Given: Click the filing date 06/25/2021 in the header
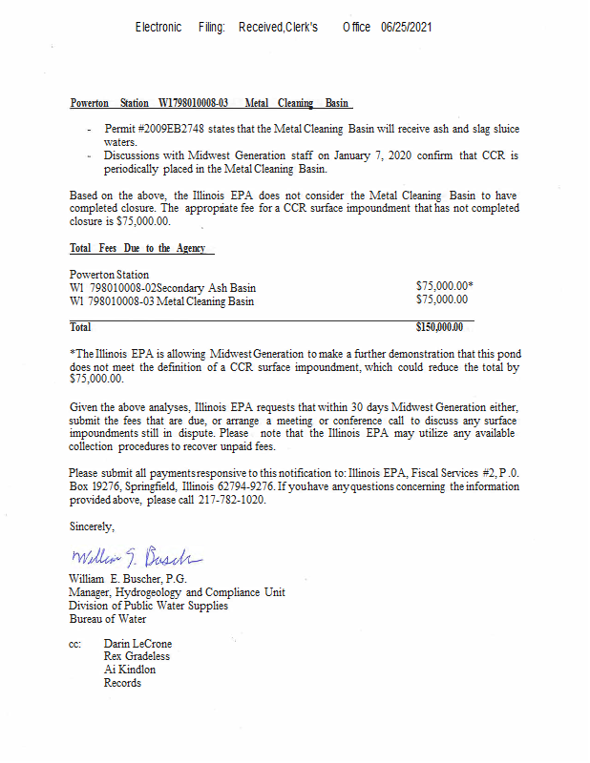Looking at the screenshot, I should pos(407,28).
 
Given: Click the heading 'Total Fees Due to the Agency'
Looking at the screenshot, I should pos(142,248).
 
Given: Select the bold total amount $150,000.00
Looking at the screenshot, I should pos(440,327).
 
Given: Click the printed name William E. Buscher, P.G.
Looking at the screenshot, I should pos(128,579).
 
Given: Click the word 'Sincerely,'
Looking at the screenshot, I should pos(92,526).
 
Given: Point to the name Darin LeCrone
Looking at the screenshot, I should pos(137,644).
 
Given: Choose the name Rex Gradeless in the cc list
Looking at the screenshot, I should pos(137,656).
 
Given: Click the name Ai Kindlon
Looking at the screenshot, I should pos(130,670).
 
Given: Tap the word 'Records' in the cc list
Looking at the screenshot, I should pos(122,683).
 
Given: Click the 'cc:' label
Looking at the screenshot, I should pos(75,644).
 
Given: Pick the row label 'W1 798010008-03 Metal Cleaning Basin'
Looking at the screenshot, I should pos(162,300).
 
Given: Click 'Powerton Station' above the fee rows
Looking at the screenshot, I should pos(110,275).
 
